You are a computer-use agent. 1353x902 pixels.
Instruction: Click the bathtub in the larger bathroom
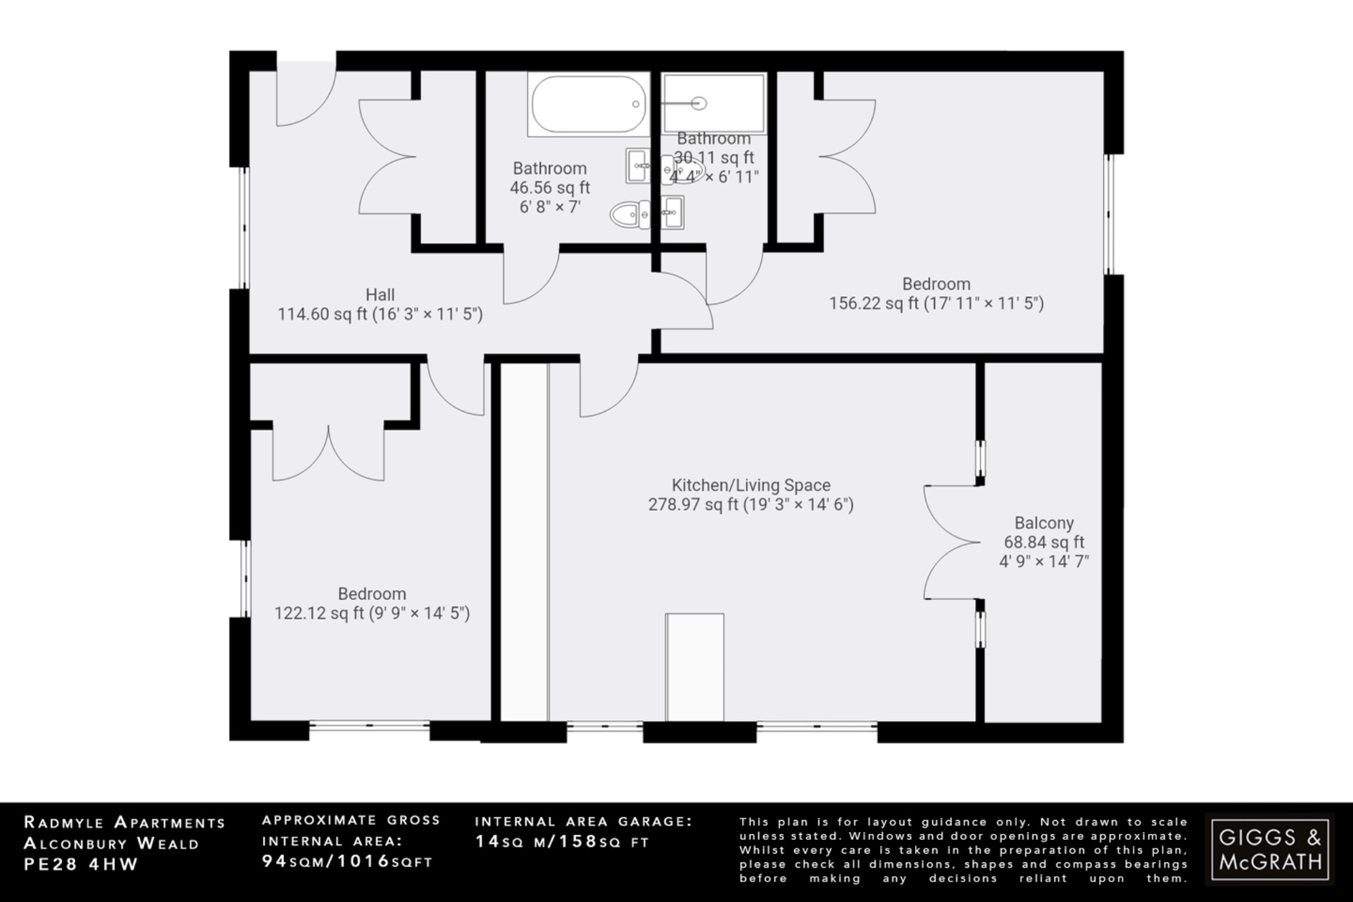click(589, 104)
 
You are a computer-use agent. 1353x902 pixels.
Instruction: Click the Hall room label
click(380, 295)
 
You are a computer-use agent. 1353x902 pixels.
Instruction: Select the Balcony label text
click(1044, 523)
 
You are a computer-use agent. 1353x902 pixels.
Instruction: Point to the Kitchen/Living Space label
click(751, 485)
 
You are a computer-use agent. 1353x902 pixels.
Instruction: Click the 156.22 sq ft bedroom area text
click(936, 303)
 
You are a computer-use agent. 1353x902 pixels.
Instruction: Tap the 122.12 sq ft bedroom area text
click(372, 613)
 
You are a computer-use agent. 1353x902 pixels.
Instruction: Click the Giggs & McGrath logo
click(1270, 849)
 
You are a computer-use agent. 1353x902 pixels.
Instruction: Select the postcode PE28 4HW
click(81, 864)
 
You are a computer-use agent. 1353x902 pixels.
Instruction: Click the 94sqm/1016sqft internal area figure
click(347, 862)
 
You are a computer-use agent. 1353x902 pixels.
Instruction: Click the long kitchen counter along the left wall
click(524, 542)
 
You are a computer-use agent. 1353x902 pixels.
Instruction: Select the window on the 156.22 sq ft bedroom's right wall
click(1111, 214)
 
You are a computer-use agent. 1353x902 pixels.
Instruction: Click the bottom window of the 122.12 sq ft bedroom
click(369, 726)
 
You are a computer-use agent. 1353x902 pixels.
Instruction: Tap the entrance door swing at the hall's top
click(305, 93)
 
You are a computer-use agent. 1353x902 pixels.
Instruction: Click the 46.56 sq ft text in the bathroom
click(550, 188)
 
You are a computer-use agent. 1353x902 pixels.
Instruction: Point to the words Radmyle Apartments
click(125, 823)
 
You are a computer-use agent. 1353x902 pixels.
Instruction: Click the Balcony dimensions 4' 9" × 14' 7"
click(1044, 562)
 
